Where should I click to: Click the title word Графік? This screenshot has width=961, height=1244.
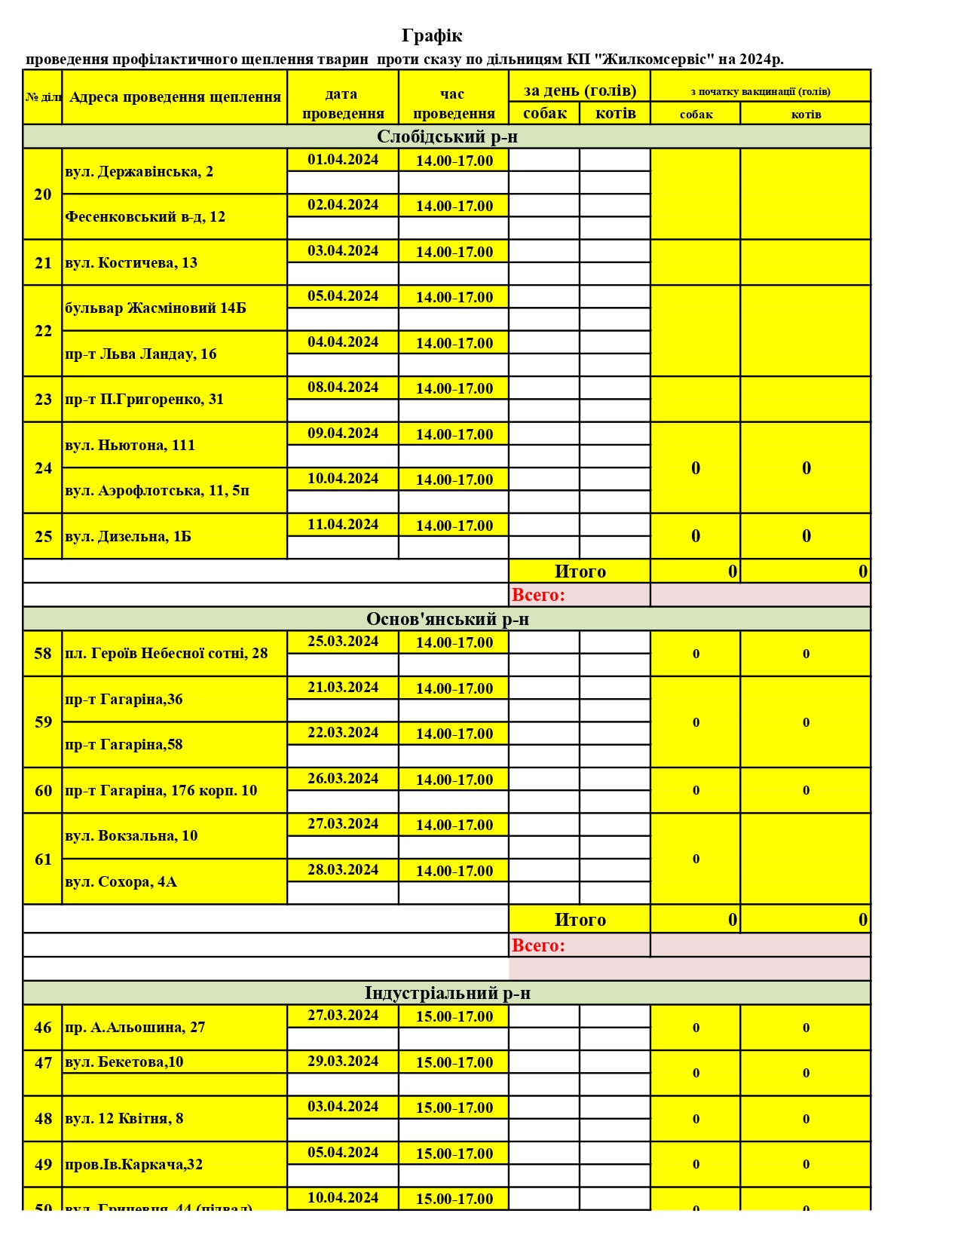pyautogui.click(x=431, y=35)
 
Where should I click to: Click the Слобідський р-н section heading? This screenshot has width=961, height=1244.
pyautogui.click(x=447, y=136)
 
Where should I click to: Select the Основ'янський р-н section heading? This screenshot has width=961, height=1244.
pyautogui.click(x=447, y=619)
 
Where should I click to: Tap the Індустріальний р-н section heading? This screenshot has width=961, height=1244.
pyautogui.click(x=447, y=993)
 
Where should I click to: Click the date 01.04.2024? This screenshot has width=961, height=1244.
pyautogui.click(x=343, y=160)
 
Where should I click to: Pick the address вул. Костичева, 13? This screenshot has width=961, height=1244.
pyautogui.click(x=131, y=263)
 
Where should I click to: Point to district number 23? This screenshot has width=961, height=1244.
pyautogui.click(x=43, y=400)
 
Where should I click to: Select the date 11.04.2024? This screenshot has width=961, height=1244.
pyautogui.click(x=343, y=525)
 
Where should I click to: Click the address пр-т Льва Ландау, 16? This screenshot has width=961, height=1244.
pyautogui.click(x=141, y=354)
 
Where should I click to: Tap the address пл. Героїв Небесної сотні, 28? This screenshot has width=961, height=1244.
pyautogui.click(x=167, y=654)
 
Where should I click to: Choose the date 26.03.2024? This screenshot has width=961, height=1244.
pyautogui.click(x=343, y=779)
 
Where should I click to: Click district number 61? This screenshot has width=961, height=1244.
pyautogui.click(x=43, y=859)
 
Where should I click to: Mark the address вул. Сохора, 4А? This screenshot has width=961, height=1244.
pyautogui.click(x=121, y=882)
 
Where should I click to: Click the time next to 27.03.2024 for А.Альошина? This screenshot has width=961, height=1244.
pyautogui.click(x=454, y=1016)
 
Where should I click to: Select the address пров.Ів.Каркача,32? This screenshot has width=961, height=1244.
pyautogui.click(x=134, y=1165)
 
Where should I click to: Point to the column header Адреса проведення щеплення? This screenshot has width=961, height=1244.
pyautogui.click(x=175, y=97)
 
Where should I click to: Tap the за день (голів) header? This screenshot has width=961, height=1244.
pyautogui.click(x=580, y=90)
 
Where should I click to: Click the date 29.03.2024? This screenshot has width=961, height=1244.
pyautogui.click(x=343, y=1062)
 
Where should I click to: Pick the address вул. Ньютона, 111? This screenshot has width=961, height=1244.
pyautogui.click(x=130, y=446)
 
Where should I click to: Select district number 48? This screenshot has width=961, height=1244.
pyautogui.click(x=43, y=1119)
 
